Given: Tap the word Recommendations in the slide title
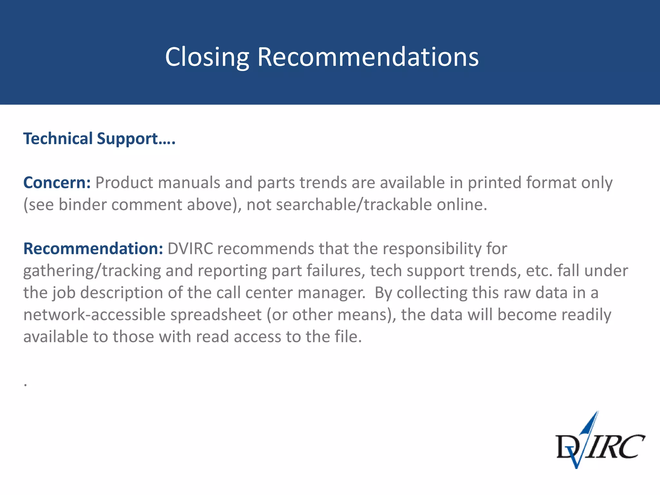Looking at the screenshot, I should click(368, 57).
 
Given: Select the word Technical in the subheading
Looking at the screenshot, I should click(58, 139).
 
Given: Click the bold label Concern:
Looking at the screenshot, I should click(57, 183).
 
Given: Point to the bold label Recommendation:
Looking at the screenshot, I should click(93, 249).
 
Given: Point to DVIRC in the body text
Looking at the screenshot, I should click(190, 249).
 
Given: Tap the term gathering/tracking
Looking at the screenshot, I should click(92, 271).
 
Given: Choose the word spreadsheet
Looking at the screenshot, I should click(216, 315).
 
